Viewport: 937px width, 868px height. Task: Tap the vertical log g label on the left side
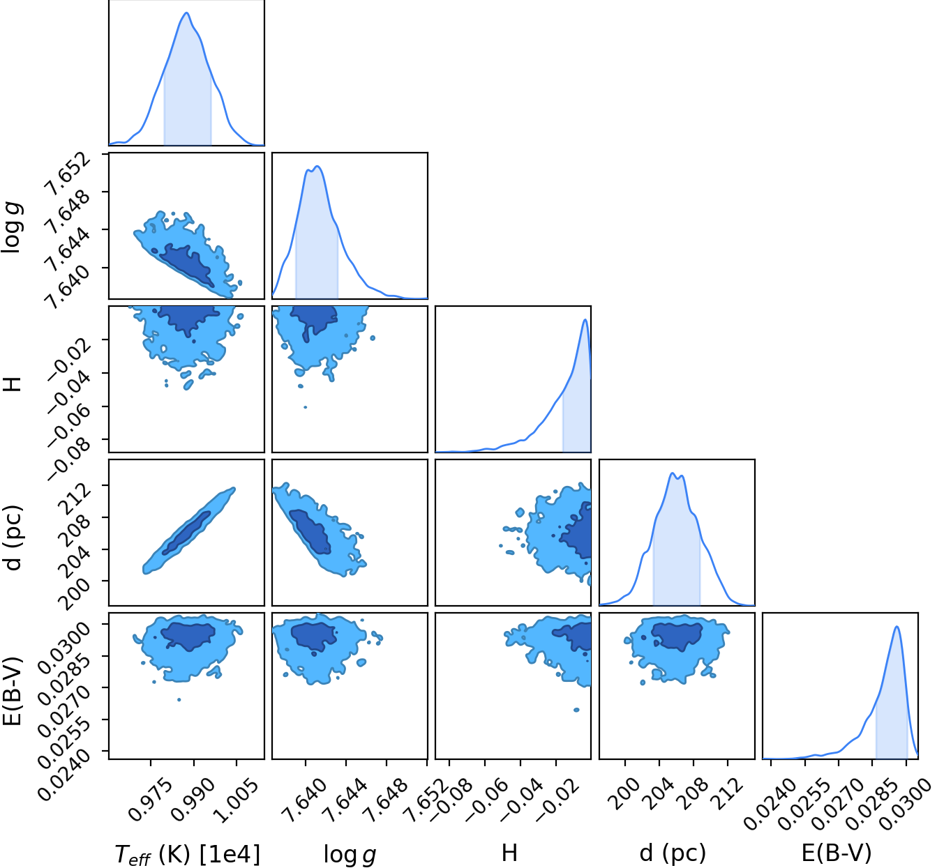coord(12,227)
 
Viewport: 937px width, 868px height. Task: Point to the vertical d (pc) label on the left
coord(12,538)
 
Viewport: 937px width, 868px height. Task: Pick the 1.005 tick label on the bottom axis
coord(234,799)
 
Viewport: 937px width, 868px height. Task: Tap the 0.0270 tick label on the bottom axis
coord(836,803)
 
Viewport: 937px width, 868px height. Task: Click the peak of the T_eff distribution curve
coord(187,13)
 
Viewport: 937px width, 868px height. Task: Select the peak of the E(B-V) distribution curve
coord(897,627)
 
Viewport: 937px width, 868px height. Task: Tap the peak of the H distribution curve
coord(585,320)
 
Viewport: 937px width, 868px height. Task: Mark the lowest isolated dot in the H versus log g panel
coord(306,407)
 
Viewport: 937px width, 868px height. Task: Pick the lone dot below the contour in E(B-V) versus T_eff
coord(179,700)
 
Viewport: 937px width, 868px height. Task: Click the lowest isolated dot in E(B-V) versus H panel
coord(576,710)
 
